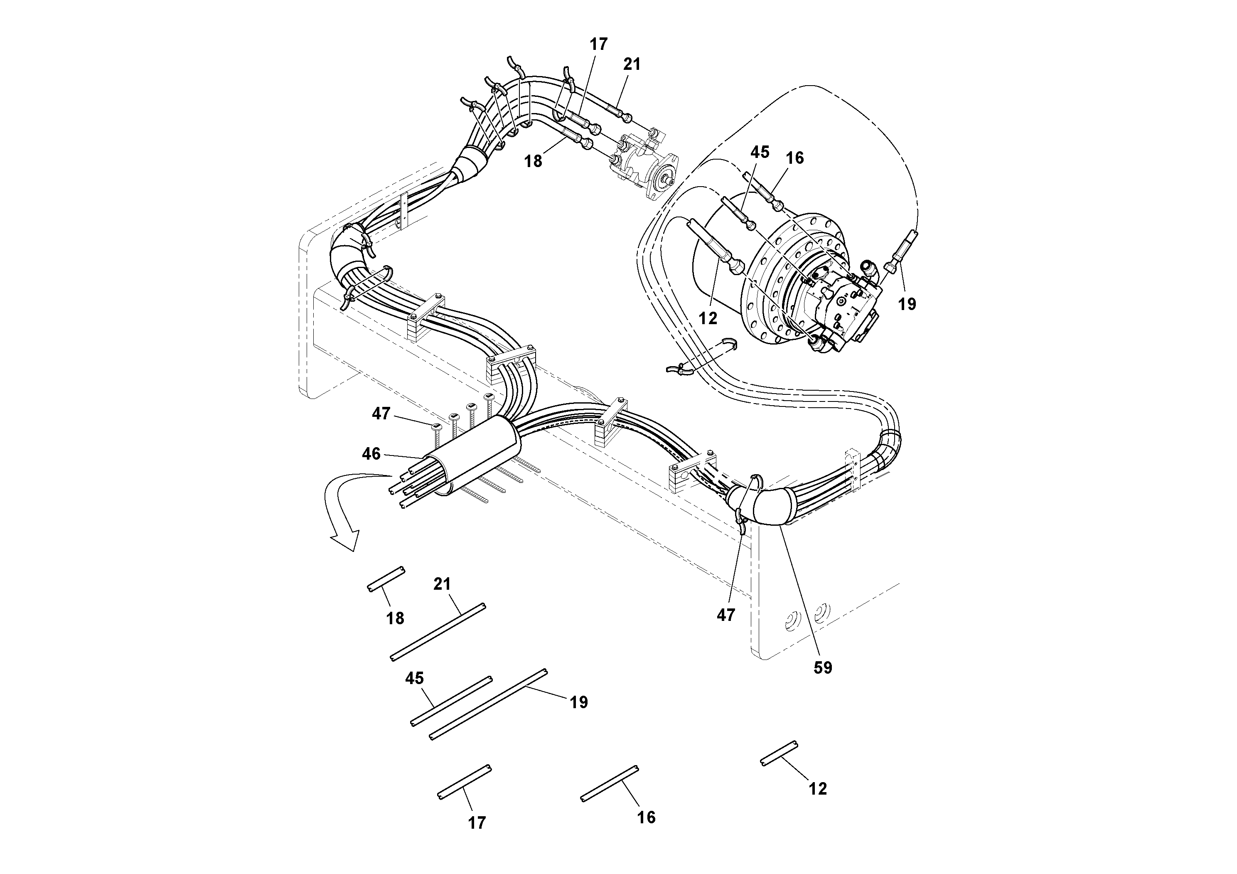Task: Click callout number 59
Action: (x=823, y=668)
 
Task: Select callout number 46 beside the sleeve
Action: (x=371, y=454)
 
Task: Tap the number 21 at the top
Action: (x=632, y=64)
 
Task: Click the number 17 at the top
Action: (x=599, y=44)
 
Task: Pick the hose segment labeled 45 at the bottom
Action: (x=452, y=701)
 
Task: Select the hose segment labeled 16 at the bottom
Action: (x=609, y=783)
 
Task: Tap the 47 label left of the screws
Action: (x=381, y=414)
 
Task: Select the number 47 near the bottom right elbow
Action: (x=726, y=615)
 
